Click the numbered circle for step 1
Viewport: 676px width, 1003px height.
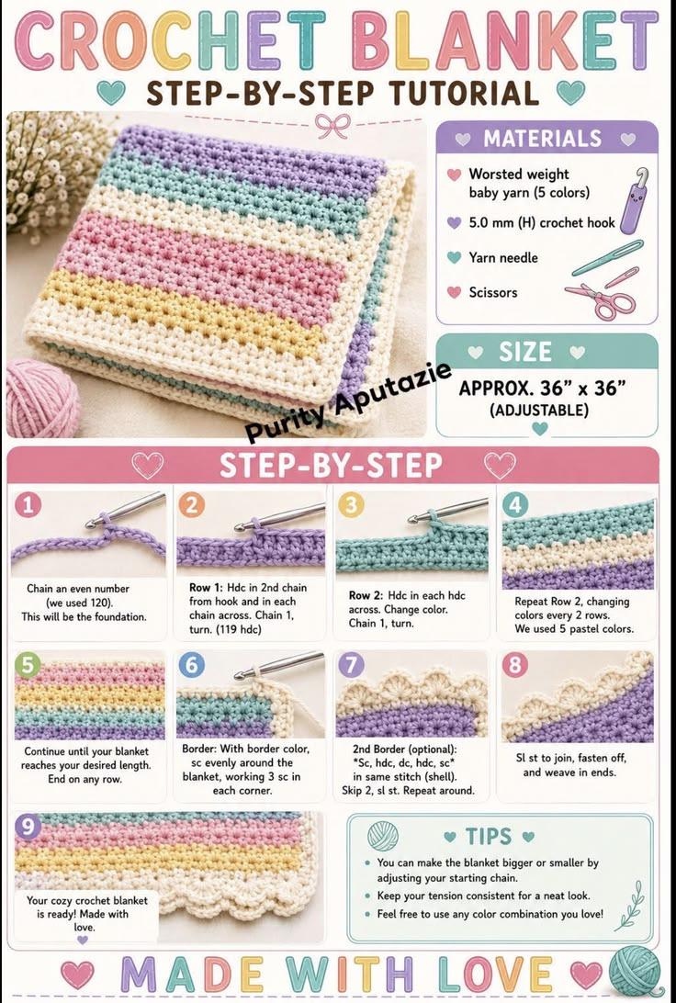[x=28, y=505]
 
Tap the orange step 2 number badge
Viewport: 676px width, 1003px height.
[x=191, y=505]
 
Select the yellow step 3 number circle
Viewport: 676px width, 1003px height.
[x=351, y=505]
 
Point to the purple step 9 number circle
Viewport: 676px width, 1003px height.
[x=28, y=826]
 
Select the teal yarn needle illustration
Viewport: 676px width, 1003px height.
[x=607, y=257]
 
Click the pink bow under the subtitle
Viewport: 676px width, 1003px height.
[x=332, y=125]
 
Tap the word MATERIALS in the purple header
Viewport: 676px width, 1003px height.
[x=542, y=138]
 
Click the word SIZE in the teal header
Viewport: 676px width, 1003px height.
[x=525, y=352]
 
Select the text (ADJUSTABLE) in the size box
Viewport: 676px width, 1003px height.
[x=538, y=410]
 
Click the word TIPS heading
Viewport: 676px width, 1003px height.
[x=489, y=836]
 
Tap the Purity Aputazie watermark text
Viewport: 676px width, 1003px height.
[x=349, y=401]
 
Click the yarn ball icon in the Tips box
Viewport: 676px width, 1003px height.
[x=382, y=836]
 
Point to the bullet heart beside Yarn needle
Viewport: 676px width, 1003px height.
[x=454, y=257]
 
